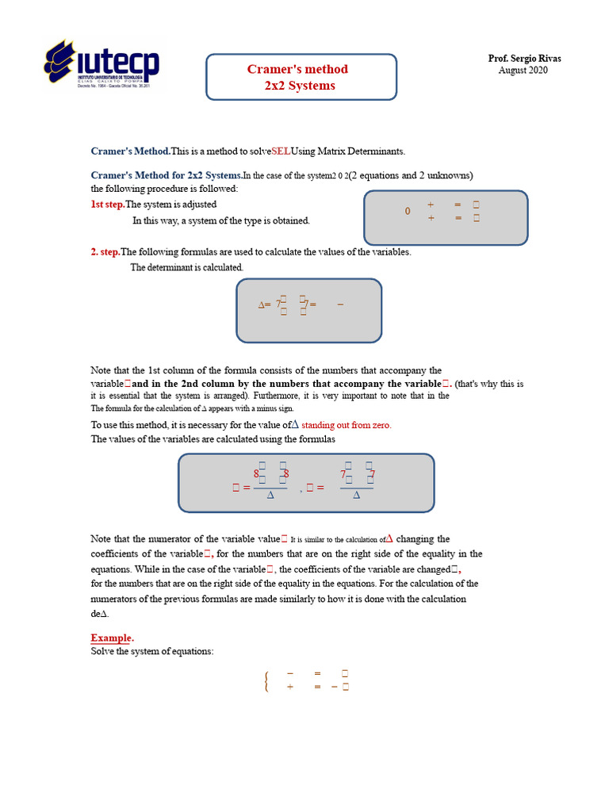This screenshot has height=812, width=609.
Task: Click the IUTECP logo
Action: coord(101,67)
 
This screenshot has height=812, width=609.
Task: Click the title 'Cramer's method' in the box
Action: coord(297,69)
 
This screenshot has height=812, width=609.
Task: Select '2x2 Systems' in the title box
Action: coord(300,86)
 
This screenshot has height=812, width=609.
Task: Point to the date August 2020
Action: coord(523,71)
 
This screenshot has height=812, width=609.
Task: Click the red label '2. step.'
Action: coord(105,252)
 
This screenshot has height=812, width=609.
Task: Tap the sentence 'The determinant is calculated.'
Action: coord(187,267)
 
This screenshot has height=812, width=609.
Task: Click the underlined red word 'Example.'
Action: coord(112,638)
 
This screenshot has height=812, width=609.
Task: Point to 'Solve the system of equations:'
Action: coord(152,652)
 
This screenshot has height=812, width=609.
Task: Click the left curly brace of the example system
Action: coord(266,680)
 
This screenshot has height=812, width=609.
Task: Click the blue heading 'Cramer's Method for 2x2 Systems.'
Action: coord(167,175)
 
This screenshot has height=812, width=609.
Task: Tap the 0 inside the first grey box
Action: coord(408,212)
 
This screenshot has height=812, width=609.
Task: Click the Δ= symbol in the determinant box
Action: coord(265,304)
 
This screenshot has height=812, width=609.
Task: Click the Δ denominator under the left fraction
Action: coord(271,495)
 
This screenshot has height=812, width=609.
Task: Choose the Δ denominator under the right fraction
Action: coord(357,495)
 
